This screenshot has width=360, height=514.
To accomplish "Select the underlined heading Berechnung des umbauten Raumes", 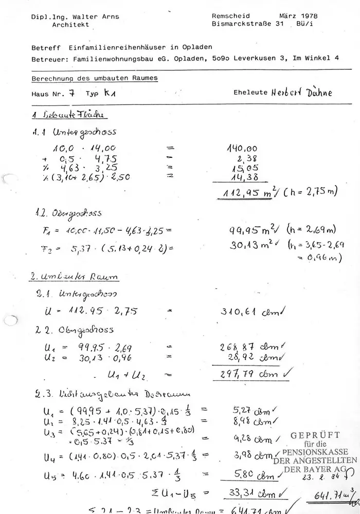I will (95, 79).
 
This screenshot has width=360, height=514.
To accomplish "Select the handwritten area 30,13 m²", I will (248, 246).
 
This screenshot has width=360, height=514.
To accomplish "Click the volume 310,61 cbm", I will (246, 311).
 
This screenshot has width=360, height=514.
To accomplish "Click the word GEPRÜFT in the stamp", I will (315, 435).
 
